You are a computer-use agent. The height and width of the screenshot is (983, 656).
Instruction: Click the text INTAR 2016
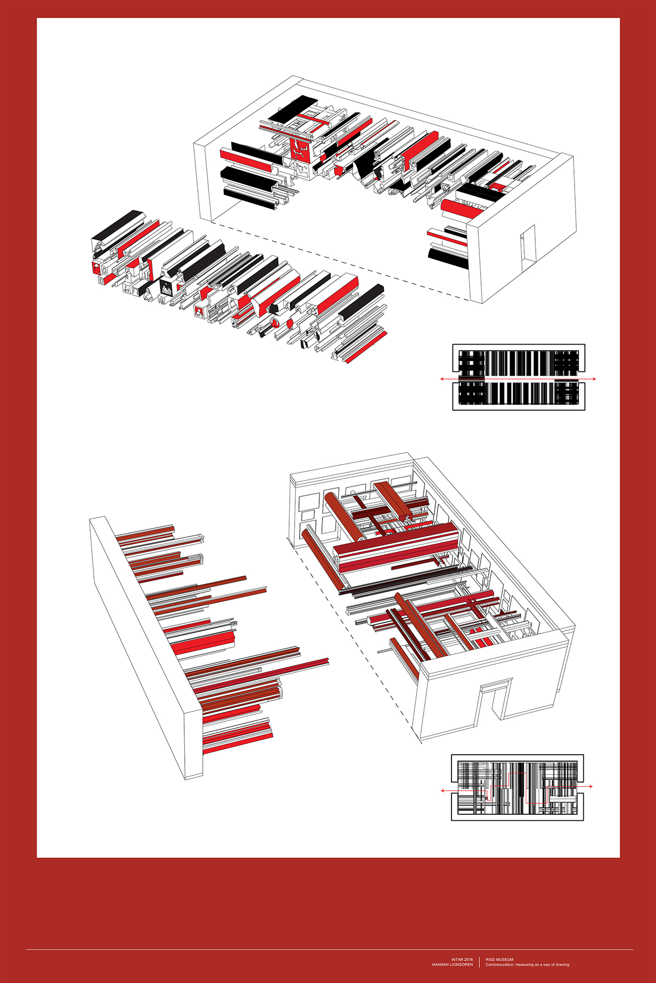(462, 959)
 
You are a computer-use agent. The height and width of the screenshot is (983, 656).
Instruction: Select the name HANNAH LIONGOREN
(453, 964)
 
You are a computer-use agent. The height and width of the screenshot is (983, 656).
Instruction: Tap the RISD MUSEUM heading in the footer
(500, 959)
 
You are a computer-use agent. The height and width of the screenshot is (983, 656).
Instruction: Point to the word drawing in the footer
(562, 964)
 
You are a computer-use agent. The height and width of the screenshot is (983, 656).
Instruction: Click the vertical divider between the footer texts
(479, 962)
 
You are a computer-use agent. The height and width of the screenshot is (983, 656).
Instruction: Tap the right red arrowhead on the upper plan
(594, 378)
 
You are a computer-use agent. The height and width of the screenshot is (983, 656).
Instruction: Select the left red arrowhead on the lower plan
(443, 790)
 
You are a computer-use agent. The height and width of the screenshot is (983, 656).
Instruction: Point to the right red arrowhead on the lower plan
(590, 786)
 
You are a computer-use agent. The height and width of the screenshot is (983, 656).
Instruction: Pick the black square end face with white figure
(166, 287)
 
